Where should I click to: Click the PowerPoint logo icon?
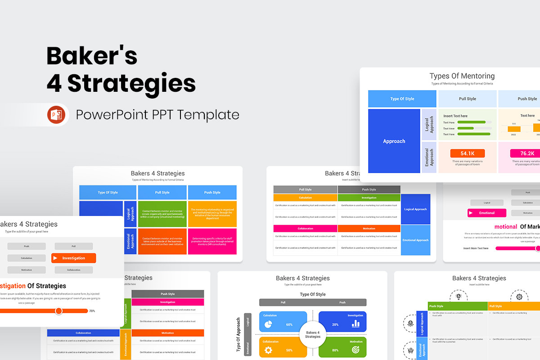point(56,115)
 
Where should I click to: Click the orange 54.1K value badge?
point(468,153)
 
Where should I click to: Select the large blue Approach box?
point(394,141)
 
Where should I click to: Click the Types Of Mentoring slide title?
point(462,76)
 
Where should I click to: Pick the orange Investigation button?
point(74,258)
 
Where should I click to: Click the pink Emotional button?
point(487,213)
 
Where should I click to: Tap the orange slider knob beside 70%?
point(58,311)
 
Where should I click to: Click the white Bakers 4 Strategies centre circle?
point(313,334)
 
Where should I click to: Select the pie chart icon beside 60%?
point(268,324)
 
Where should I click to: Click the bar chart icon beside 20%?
point(356,324)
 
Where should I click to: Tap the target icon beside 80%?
point(356,350)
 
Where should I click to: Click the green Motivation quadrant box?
point(342,347)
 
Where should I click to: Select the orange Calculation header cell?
point(305,198)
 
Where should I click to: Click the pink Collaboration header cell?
point(305,229)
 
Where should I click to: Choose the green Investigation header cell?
point(369,198)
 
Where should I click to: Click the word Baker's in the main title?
point(92,56)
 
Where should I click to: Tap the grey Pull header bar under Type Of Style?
point(283,302)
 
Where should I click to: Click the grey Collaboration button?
point(74,270)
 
